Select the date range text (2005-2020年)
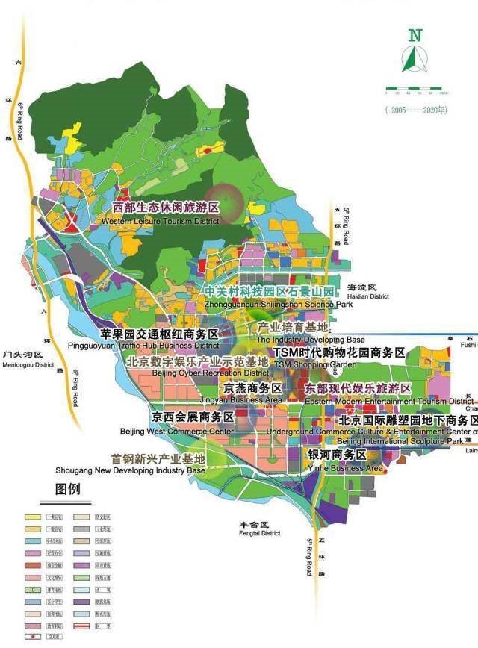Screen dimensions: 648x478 [x=417, y=109]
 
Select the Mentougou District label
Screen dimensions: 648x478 [x=28, y=359]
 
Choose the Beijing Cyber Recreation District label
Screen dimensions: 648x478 [x=197, y=367]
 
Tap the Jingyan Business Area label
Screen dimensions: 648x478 [x=252, y=394]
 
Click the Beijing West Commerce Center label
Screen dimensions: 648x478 [x=177, y=424]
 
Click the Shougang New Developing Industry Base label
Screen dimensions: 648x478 [x=131, y=464]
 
